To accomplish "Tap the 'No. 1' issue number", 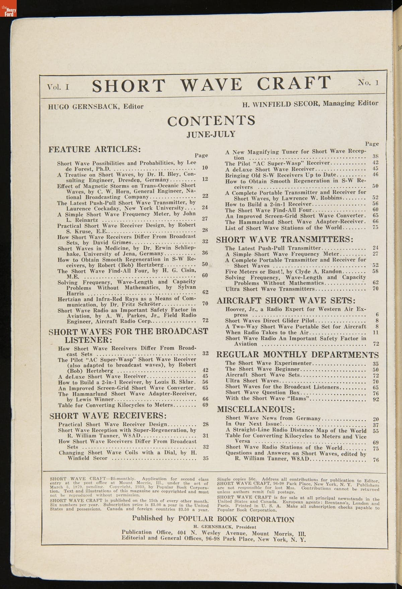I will [368, 83].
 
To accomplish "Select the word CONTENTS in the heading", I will [211, 121].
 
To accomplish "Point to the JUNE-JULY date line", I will [211, 135].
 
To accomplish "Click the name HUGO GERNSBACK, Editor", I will [96, 107].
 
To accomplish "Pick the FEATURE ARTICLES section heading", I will [95, 149].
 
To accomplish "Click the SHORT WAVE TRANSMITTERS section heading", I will [285, 239].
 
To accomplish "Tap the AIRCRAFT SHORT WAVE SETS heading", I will [286, 301].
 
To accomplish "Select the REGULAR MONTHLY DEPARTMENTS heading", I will [297, 355].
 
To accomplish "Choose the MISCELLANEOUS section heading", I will [256, 410].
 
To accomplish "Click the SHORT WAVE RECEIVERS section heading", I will [108, 416].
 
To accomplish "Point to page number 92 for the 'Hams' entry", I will [376, 399].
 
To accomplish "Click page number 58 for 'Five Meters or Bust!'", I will [376, 271].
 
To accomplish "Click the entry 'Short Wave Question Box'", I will [263, 392].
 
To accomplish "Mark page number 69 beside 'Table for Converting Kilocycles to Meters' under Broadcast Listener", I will [205, 405].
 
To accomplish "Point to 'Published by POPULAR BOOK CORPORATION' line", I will [213, 519].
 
